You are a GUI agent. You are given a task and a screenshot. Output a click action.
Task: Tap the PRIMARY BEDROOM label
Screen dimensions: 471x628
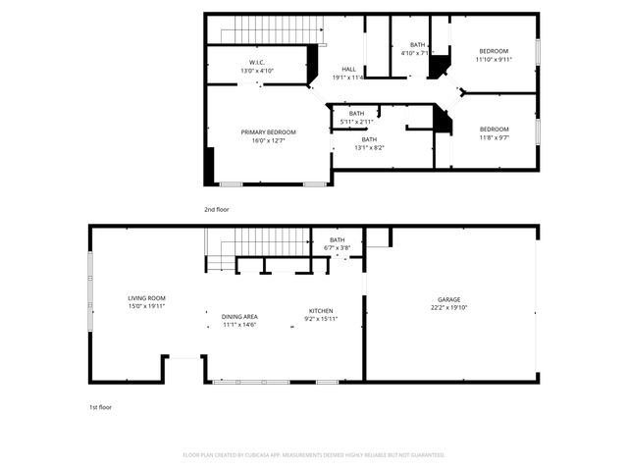(x=268, y=131)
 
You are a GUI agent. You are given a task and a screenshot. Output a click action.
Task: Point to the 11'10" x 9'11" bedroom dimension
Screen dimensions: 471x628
(x=494, y=60)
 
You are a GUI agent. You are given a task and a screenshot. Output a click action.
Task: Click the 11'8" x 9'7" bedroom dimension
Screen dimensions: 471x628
(x=494, y=138)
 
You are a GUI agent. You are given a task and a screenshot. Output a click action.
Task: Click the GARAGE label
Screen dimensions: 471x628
(x=449, y=299)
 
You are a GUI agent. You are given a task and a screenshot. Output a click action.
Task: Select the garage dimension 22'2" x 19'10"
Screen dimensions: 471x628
(x=449, y=308)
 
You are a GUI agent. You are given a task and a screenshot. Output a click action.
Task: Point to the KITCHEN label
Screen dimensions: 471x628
(x=321, y=310)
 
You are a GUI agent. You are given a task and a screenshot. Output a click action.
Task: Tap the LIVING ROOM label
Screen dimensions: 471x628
(x=146, y=297)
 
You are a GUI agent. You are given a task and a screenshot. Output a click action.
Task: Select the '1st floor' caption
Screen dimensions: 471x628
(x=99, y=406)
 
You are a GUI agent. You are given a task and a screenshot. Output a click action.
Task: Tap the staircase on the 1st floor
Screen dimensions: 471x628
(x=256, y=241)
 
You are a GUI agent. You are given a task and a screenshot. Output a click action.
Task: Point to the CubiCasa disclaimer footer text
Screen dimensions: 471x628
(x=314, y=455)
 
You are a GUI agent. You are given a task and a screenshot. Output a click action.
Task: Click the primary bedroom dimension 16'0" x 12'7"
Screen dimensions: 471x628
(x=268, y=140)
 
